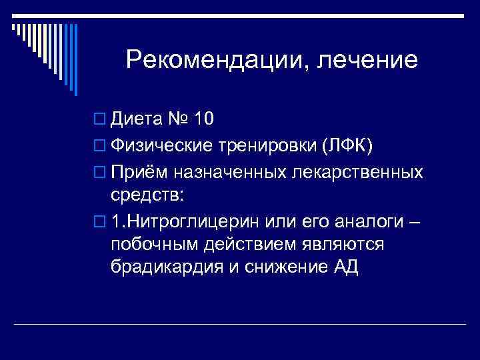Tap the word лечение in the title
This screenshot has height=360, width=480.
[x=369, y=61]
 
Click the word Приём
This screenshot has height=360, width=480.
[x=139, y=173]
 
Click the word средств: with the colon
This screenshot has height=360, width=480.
[x=147, y=195]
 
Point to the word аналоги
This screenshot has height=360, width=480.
[x=367, y=221]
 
